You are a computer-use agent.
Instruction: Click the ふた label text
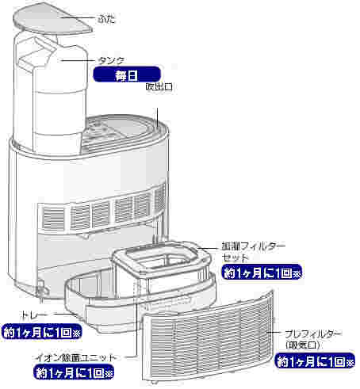pos(106,19)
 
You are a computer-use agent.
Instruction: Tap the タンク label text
pos(111,61)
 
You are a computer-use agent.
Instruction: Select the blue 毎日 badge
pos(127,74)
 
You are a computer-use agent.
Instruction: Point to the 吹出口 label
pos(159,86)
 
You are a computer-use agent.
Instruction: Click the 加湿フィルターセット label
pos(254,252)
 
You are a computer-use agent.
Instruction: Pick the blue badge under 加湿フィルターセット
pos(262,272)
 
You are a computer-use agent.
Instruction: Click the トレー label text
pos(34,315)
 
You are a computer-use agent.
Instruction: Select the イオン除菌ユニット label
pos(76,358)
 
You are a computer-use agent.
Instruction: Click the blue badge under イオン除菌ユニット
pos(74,372)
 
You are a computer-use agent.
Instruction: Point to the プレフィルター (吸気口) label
pos(313,339)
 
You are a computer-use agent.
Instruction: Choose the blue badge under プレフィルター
pos(315,360)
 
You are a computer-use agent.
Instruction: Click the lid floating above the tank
pos(52,19)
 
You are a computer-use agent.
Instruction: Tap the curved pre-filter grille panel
pos(208,338)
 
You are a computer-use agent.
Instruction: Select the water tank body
pos(51,93)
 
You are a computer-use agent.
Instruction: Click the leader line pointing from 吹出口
pos(158,117)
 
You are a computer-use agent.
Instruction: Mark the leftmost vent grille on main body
pos(53,218)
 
